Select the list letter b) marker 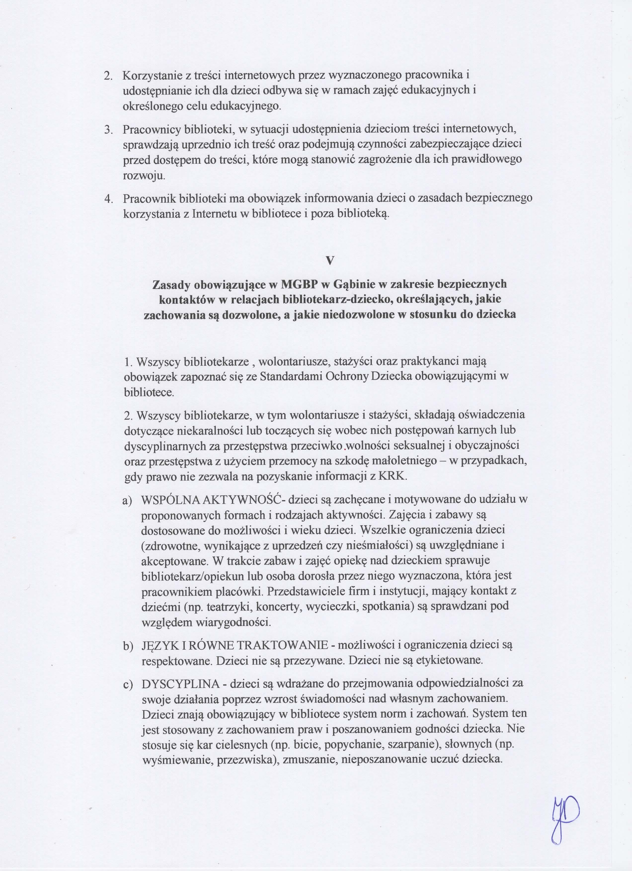point(127,646)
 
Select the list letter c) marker point(127,685)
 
